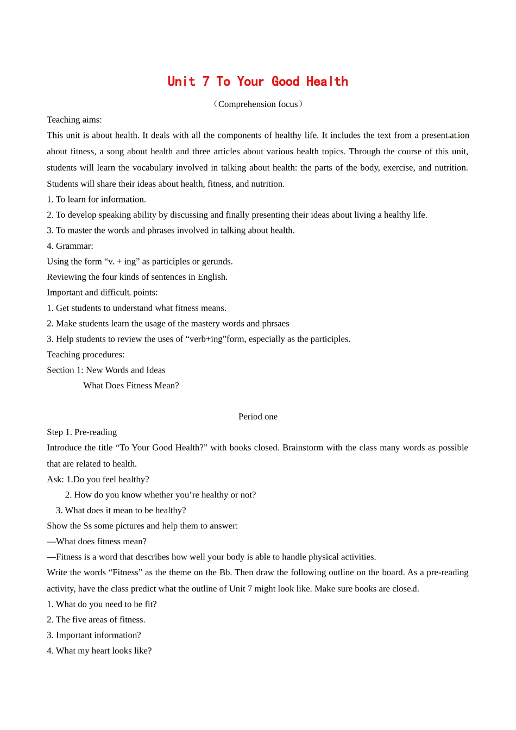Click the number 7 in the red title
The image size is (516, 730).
(x=206, y=82)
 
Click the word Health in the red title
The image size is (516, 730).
(x=327, y=82)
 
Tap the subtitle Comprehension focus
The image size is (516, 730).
(x=258, y=104)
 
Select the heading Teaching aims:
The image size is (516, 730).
(x=74, y=119)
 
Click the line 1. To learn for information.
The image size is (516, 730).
(x=96, y=199)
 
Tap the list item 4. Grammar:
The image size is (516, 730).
(x=70, y=246)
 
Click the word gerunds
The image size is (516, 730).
(x=217, y=261)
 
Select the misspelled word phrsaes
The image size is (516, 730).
(x=275, y=324)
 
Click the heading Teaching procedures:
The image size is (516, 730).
(x=86, y=355)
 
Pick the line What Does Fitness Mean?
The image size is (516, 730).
(x=131, y=386)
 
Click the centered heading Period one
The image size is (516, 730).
(x=258, y=417)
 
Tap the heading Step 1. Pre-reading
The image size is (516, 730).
(x=81, y=432)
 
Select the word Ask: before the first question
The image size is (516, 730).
(x=55, y=480)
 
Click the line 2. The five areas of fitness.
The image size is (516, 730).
(x=96, y=620)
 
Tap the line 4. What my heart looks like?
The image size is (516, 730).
(x=99, y=651)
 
